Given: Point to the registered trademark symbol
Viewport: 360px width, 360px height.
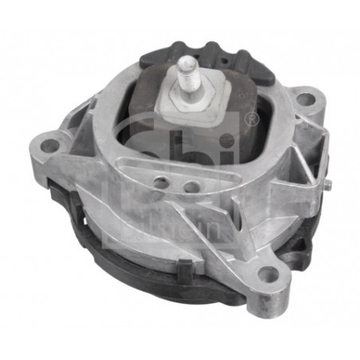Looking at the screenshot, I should click(x=252, y=120).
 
